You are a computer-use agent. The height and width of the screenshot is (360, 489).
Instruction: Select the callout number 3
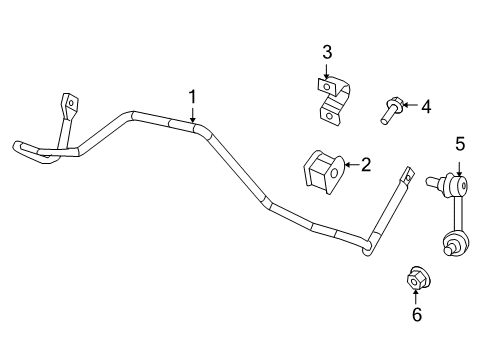coord(326,52)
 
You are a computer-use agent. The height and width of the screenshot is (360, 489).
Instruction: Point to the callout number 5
coord(460,145)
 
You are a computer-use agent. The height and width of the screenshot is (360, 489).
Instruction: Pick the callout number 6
coord(417,315)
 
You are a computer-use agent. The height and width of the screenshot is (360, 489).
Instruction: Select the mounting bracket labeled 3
coord(333,98)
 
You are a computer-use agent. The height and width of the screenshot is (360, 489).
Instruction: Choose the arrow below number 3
coord(326,70)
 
